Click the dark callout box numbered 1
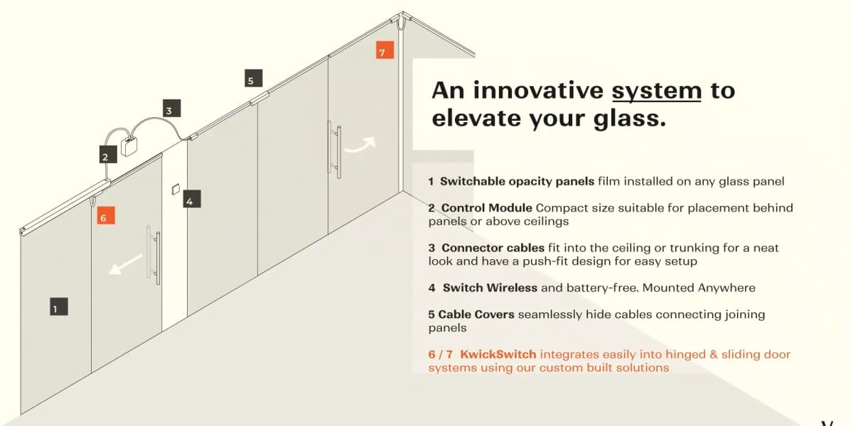[59, 307]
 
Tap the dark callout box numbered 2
[108, 154]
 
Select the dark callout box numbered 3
[172, 109]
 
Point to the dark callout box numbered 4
[192, 199]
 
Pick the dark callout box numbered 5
[254, 78]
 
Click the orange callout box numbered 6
[106, 215]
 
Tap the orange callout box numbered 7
[385, 50]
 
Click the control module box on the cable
[129, 147]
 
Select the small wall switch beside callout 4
[176, 190]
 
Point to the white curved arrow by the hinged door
[360, 146]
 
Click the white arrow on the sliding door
[125, 264]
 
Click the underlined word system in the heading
[657, 92]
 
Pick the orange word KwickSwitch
[498, 354]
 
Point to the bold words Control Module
[487, 208]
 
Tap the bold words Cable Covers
[476, 315]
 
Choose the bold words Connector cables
[493, 248]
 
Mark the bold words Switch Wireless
[490, 288]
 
